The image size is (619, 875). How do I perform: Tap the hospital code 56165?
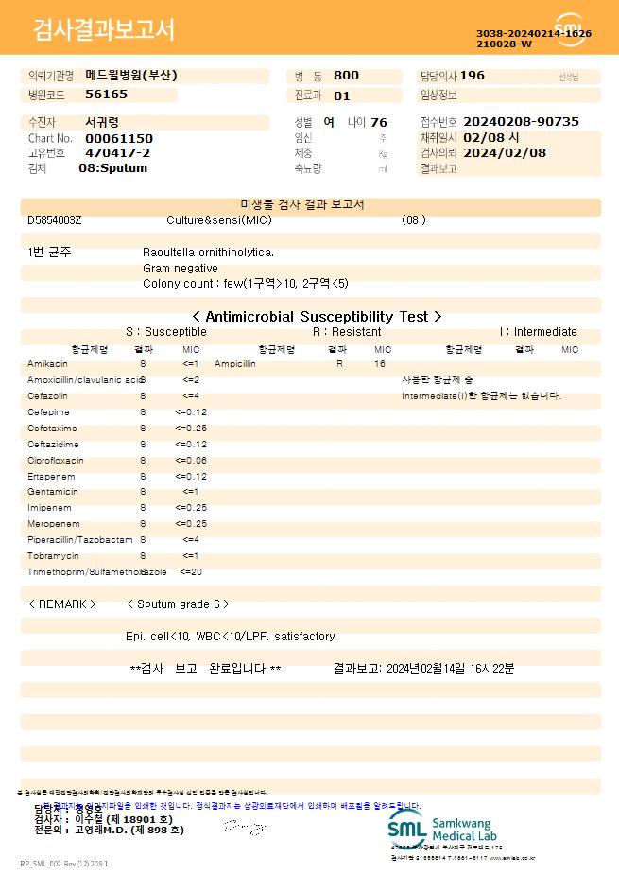tap(106, 95)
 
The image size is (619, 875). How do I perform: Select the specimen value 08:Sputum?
tap(112, 168)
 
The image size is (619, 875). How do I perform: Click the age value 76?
tap(379, 122)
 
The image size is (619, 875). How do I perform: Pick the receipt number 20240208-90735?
tap(522, 122)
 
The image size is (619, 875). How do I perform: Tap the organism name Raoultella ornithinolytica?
tap(208, 253)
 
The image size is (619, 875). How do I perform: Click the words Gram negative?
tap(181, 269)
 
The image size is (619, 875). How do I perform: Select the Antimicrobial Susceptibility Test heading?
tap(316, 317)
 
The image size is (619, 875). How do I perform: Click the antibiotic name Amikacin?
tap(47, 364)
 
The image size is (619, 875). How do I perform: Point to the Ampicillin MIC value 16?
tap(380, 364)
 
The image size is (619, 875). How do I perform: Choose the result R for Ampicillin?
tap(340, 364)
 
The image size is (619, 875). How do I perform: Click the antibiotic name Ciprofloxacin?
tap(56, 461)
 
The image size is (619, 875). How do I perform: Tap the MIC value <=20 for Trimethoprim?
tap(191, 572)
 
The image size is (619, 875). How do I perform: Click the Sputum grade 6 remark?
tap(178, 604)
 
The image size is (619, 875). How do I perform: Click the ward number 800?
tap(346, 76)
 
